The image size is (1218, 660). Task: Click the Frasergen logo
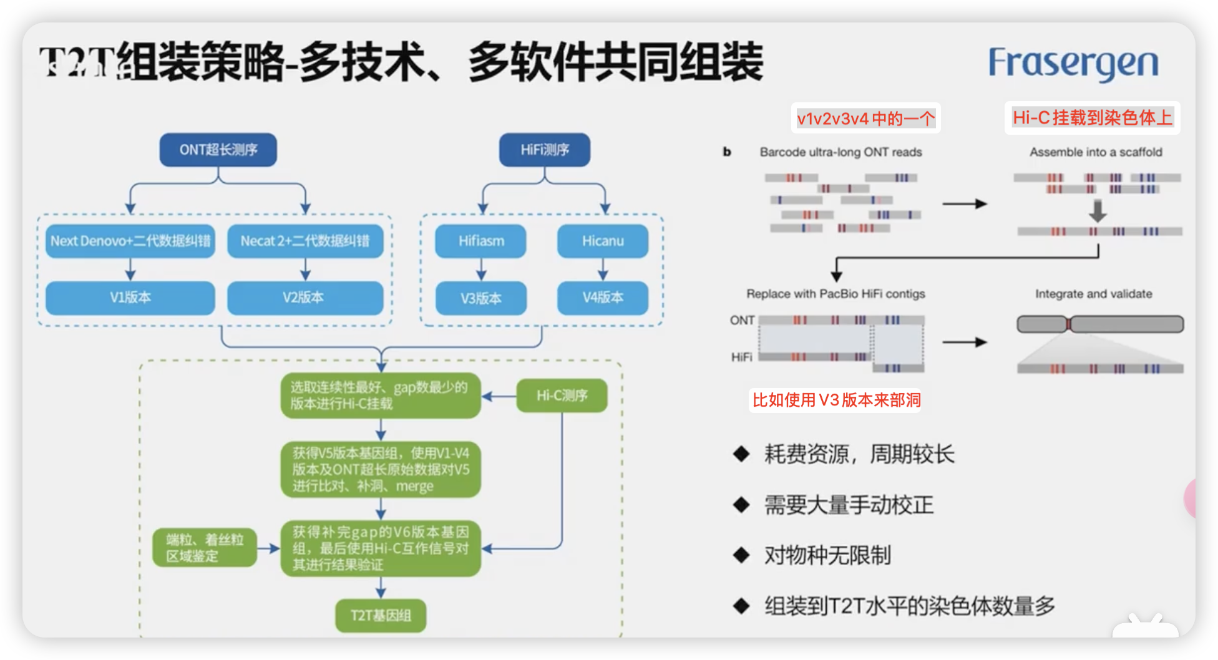[1073, 64]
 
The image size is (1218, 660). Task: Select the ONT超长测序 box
[218, 150]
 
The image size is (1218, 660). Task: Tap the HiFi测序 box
[544, 150]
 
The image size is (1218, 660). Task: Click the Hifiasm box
[480, 241]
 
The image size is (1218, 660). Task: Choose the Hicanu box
[602, 241]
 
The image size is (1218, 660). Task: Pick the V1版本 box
[130, 298]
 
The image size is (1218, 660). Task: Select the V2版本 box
[304, 298]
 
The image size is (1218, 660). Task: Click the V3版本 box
[480, 298]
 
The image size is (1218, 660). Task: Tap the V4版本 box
[602, 298]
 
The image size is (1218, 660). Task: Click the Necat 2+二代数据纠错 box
[304, 241]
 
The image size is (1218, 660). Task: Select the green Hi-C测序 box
[562, 396]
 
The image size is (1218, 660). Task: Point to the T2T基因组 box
[381, 616]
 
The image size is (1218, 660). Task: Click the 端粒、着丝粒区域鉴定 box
[205, 548]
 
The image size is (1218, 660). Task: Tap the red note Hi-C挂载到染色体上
[1092, 117]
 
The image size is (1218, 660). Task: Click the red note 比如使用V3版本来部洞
[836, 400]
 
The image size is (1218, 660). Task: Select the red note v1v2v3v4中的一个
[865, 119]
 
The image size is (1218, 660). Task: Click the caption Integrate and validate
[1093, 294]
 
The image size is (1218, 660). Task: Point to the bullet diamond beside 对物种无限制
[741, 555]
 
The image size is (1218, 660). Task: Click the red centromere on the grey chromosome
[1068, 324]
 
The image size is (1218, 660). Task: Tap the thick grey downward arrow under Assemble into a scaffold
[1098, 211]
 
